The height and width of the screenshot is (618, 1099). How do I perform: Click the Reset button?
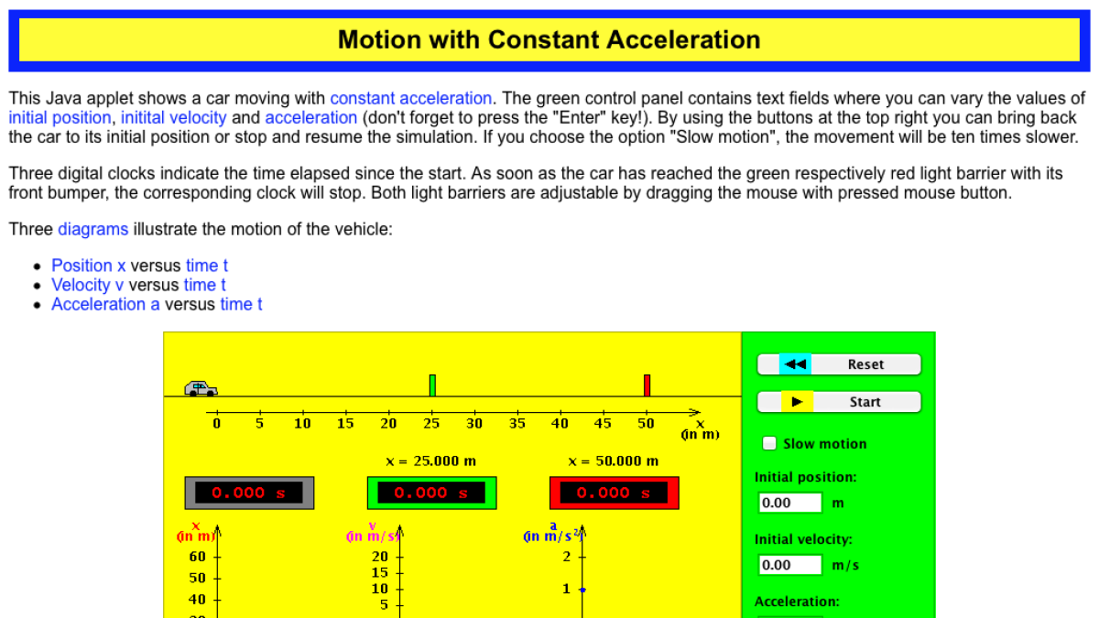pyautogui.click(x=839, y=364)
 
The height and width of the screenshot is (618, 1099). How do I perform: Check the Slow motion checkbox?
pyautogui.click(x=770, y=444)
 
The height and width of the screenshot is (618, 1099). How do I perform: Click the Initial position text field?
pyautogui.click(x=790, y=503)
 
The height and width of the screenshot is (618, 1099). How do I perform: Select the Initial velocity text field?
pyautogui.click(x=790, y=565)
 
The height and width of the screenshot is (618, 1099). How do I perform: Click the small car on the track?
pyautogui.click(x=201, y=389)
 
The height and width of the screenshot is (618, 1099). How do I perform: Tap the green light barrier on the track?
pyautogui.click(x=432, y=385)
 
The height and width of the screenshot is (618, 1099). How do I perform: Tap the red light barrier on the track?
pyautogui.click(x=647, y=385)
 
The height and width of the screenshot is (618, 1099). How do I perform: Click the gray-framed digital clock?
pyautogui.click(x=249, y=493)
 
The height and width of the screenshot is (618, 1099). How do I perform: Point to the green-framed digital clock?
pyautogui.click(x=431, y=493)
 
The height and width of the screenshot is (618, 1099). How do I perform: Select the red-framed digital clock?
pyautogui.click(x=614, y=493)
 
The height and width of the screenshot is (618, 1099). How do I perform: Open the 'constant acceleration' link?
pyautogui.click(x=410, y=98)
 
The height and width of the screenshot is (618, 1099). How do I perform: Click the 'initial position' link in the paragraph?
pyautogui.click(x=60, y=117)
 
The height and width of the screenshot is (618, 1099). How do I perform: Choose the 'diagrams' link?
pyautogui.click(x=92, y=229)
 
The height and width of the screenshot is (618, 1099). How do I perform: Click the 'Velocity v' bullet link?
pyautogui.click(x=87, y=285)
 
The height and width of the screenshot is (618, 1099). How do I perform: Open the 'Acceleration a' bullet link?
pyautogui.click(x=105, y=304)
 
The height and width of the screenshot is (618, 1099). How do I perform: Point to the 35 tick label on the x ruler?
pyautogui.click(x=517, y=424)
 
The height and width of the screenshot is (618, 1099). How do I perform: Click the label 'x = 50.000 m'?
pyautogui.click(x=613, y=461)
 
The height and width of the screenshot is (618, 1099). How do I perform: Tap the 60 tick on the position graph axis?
pyautogui.click(x=198, y=557)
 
